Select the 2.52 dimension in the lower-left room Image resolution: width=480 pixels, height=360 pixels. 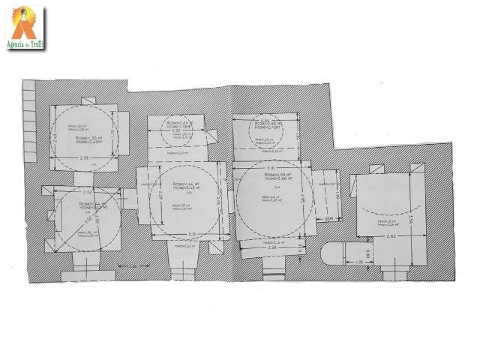pyautogui.click(x=88, y=192)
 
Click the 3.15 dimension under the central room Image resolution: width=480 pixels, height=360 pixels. pyautogui.click(x=192, y=233)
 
